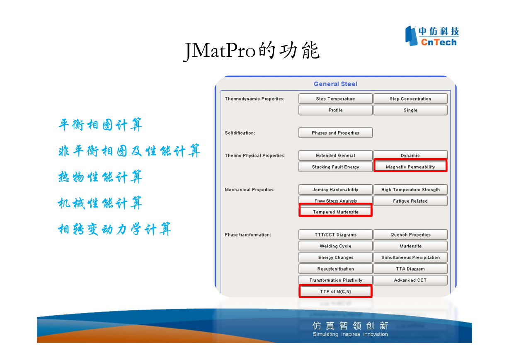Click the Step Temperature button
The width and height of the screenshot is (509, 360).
pyautogui.click(x=335, y=99)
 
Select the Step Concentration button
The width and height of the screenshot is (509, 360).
pyautogui.click(x=410, y=99)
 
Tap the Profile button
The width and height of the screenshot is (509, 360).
pyautogui.click(x=335, y=110)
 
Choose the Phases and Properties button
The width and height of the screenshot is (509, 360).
pyautogui.click(x=335, y=133)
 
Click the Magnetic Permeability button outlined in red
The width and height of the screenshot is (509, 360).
pyautogui.click(x=410, y=166)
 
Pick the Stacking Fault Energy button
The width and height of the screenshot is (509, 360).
pyautogui.click(x=335, y=167)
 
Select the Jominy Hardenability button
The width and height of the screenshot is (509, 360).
pyautogui.click(x=335, y=189)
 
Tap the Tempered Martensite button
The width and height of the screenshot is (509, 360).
pyautogui.click(x=335, y=210)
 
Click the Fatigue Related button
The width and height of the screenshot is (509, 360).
pyautogui.click(x=410, y=201)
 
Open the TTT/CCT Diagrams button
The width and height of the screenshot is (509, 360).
pyautogui.click(x=335, y=234)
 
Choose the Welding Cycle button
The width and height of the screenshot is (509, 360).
pyautogui.click(x=335, y=246)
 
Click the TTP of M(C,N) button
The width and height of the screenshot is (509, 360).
pyautogui.click(x=335, y=291)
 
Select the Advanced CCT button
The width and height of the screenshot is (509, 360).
pyautogui.click(x=410, y=280)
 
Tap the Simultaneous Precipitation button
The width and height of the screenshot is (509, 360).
pyautogui.click(x=410, y=257)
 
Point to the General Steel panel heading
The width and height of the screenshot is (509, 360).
pyautogui.click(x=335, y=84)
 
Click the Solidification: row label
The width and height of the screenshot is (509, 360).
pyautogui.click(x=240, y=133)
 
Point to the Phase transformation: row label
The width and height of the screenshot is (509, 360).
pyautogui.click(x=248, y=234)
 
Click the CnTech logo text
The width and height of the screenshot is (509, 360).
pyautogui.click(x=439, y=42)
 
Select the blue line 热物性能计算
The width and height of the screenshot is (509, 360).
pyautogui.click(x=100, y=177)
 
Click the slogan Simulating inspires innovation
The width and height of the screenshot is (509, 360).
pyautogui.click(x=350, y=334)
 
